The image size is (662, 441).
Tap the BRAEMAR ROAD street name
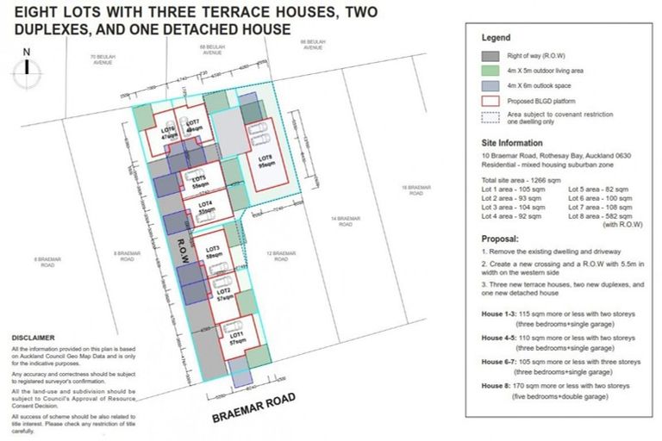[x=254, y=409]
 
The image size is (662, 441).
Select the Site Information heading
[x=512, y=143]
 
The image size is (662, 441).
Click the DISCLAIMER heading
[x=32, y=337]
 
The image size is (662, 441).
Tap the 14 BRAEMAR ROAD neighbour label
[x=345, y=220]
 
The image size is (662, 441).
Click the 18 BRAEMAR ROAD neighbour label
[x=413, y=191]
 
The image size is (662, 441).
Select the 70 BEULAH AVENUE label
[x=103, y=60]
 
